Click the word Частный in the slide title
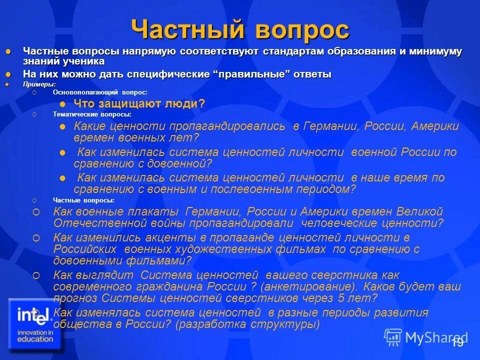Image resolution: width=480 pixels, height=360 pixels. click(x=187, y=30)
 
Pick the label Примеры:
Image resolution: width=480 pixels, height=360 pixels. click(x=39, y=84)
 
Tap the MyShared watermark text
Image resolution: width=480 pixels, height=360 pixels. click(x=434, y=337)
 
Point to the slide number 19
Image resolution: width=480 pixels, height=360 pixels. click(x=456, y=342)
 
